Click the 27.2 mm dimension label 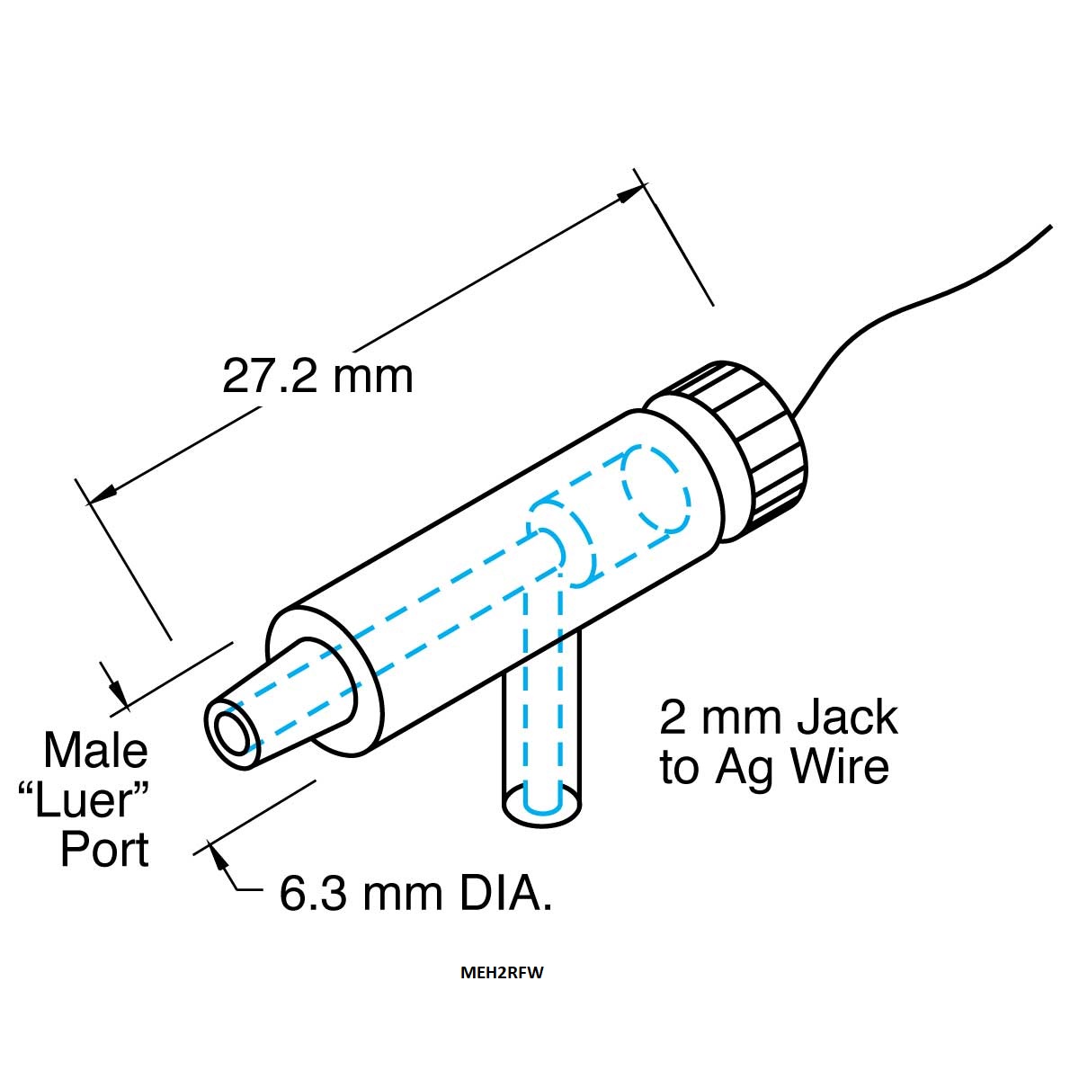click(x=317, y=376)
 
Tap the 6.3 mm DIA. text click(x=415, y=894)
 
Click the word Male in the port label click(x=95, y=750)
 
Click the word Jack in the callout click(x=847, y=718)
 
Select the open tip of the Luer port click(x=231, y=734)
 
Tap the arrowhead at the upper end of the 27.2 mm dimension click(x=629, y=194)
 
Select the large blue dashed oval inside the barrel click(x=656, y=488)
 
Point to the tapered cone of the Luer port click(x=280, y=700)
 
